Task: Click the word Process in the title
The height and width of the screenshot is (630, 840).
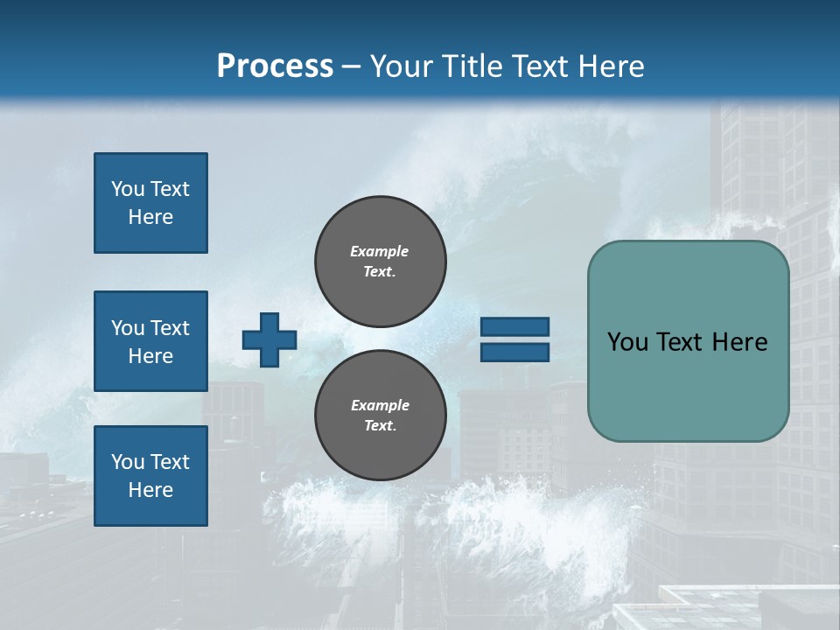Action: [275, 66]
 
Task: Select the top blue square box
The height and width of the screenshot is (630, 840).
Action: [150, 203]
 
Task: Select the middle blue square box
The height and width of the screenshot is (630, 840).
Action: [150, 341]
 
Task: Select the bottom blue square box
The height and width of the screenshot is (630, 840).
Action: [150, 476]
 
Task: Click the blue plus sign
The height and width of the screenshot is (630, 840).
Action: [269, 339]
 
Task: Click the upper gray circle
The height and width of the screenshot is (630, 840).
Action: [380, 262]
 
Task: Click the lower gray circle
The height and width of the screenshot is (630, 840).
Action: [380, 416]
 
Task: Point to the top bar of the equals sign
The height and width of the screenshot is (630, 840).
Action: [514, 326]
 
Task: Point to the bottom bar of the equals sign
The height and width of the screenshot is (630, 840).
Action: [514, 352]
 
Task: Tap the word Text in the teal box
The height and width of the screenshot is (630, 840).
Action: [679, 342]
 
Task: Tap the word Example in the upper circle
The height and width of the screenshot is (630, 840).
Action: [380, 251]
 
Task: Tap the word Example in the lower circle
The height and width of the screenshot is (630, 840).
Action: [380, 405]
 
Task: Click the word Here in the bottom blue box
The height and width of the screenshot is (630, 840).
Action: [150, 490]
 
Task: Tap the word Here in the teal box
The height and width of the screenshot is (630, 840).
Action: [740, 342]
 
